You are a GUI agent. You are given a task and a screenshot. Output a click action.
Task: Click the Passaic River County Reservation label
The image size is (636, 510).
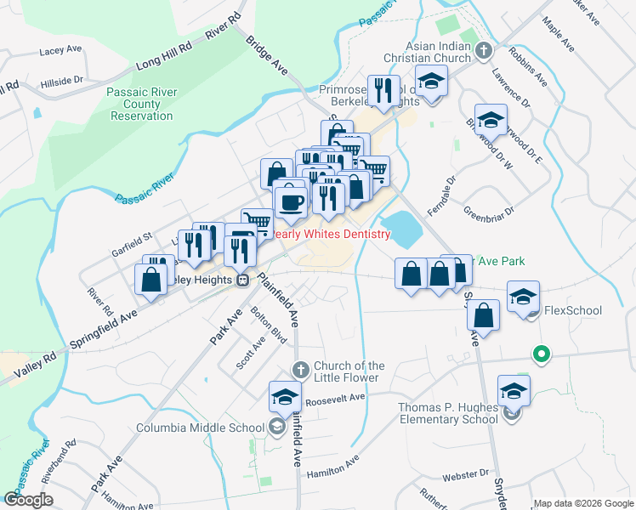coord(140,105)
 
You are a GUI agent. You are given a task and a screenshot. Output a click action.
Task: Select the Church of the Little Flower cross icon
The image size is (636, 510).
coord(299,370)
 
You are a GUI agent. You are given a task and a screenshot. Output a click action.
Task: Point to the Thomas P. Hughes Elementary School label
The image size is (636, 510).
coord(448,413)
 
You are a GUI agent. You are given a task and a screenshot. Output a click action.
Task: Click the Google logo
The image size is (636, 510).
coord(28,499)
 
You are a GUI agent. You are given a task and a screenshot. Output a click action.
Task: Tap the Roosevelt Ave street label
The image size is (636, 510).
coord(335,398)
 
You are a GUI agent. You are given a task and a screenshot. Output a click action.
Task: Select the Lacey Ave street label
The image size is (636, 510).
coord(59,52)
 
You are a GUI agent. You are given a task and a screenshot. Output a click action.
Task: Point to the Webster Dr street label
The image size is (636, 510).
coord(474,473)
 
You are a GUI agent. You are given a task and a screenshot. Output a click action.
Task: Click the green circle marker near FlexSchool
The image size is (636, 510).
coord(539,354)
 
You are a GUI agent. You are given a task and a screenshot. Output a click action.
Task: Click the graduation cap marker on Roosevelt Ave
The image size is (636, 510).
coord(285,396)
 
